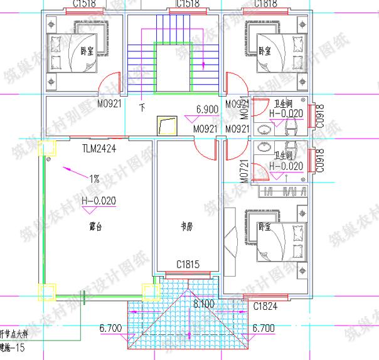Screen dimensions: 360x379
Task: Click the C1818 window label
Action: tap(266, 4)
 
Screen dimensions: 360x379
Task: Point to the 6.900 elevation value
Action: tap(207, 109)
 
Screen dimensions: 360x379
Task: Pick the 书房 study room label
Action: tap(186, 226)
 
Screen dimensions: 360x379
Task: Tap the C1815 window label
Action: tap(187, 264)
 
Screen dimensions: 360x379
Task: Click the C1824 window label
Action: tap(265, 306)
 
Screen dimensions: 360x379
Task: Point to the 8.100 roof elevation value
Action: tap(205, 304)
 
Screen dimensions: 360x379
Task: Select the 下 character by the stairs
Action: tap(142, 108)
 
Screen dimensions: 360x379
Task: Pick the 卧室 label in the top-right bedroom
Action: tap(264, 51)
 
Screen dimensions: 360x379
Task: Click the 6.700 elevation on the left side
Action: tap(110, 328)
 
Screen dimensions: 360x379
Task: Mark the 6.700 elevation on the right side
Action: tap(263, 328)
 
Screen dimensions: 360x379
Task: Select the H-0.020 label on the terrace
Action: tap(99, 200)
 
